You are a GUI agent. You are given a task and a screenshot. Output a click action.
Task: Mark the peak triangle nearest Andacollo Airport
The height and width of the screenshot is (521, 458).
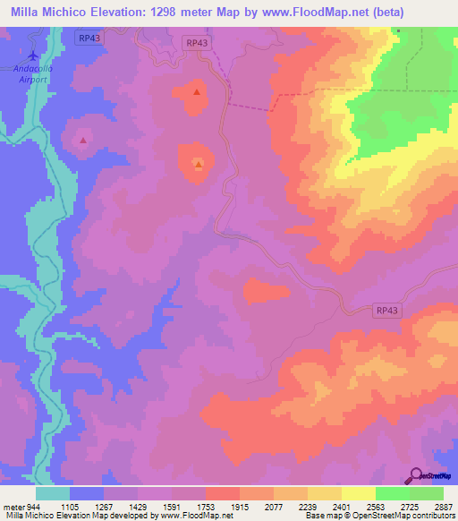click(83, 140)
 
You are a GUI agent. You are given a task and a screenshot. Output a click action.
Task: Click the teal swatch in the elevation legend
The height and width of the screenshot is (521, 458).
click(53, 493)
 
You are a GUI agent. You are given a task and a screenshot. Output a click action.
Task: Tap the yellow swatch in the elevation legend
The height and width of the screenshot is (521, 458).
click(359, 493)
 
